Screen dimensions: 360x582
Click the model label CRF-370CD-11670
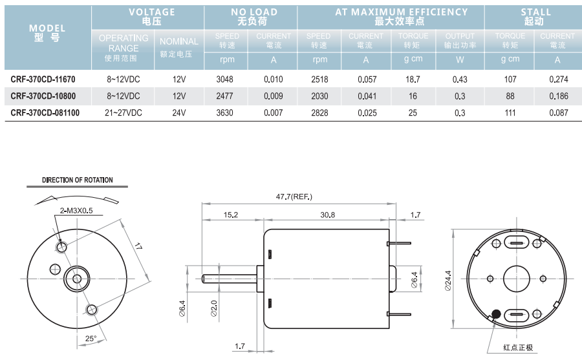pyautogui.click(x=43, y=79)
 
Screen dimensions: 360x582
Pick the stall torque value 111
pyautogui.click(x=510, y=112)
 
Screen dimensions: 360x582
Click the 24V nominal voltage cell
pyautogui.click(x=179, y=112)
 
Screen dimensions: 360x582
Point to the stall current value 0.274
pyautogui.click(x=558, y=79)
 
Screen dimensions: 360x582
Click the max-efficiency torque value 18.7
pyautogui.click(x=413, y=79)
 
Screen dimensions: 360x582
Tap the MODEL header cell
pyautogui.click(x=47, y=33)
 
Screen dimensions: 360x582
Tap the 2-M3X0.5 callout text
pyautogui.click(x=76, y=211)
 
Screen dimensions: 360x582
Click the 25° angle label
pyautogui.click(x=91, y=338)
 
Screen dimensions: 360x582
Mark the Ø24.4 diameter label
pyautogui.click(x=448, y=280)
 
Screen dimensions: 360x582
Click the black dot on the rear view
pyautogui.click(x=495, y=314)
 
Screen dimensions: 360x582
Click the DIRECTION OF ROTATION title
pyautogui.click(x=77, y=180)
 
